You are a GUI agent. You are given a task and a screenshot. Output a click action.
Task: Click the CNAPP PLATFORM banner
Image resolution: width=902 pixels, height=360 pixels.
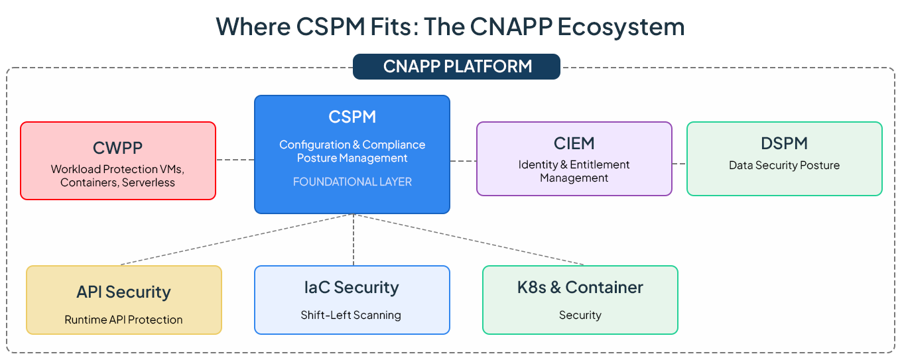coord(456,66)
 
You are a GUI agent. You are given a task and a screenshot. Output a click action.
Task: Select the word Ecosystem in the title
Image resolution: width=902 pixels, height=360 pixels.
coord(621,27)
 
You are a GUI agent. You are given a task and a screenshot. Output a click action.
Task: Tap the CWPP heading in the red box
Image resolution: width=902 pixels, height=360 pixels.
coord(117,148)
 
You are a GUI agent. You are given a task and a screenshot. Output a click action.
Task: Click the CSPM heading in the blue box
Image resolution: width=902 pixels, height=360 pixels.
coord(352,117)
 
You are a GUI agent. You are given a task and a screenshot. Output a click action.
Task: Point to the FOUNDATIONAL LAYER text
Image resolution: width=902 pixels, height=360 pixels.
coord(352,182)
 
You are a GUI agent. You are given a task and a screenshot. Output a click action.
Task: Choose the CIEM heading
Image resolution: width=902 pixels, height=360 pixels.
coord(574,143)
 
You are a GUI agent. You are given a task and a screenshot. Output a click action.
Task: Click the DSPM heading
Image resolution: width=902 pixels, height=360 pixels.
coord(784,143)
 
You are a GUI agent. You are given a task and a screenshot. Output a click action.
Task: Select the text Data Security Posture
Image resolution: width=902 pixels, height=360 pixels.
coord(784,165)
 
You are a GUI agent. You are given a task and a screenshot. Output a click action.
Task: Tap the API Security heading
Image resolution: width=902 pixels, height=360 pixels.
coord(123,292)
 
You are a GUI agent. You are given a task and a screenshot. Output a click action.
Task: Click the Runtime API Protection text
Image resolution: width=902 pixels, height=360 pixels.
coord(123,320)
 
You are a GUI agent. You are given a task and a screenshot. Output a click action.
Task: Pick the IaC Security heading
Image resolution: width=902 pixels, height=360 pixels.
coord(352,288)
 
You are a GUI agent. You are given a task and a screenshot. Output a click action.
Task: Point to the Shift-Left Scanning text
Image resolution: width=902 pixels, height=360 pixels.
coord(351,315)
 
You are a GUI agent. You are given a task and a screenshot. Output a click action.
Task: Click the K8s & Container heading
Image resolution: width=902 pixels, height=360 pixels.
coord(580,288)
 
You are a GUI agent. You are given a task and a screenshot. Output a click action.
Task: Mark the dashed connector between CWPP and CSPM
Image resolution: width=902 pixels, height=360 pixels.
coord(235,160)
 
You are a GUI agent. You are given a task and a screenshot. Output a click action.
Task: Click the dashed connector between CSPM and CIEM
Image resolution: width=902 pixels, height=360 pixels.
coord(463,161)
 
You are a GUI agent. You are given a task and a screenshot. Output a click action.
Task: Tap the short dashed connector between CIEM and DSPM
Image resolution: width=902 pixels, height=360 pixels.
coord(679,164)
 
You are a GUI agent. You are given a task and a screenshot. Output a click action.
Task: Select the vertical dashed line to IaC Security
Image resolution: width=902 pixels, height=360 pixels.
coord(354,239)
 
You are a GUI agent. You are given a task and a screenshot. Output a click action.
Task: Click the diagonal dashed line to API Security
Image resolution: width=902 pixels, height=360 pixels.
coord(237,239)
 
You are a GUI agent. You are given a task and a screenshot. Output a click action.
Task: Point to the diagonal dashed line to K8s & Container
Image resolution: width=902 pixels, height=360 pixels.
coord(469,239)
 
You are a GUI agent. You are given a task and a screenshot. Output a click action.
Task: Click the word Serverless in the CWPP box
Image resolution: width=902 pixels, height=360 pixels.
coord(148,182)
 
